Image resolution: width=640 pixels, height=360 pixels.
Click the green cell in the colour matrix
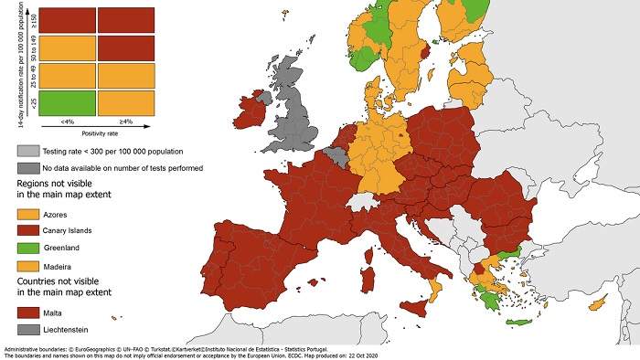(x=67, y=101)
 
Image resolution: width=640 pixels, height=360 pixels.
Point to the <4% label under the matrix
(x=67, y=122)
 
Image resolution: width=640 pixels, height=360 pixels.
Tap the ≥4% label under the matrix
(x=126, y=122)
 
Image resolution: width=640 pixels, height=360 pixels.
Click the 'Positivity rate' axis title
(x=96, y=132)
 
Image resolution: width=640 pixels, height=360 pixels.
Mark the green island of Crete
(x=521, y=322)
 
